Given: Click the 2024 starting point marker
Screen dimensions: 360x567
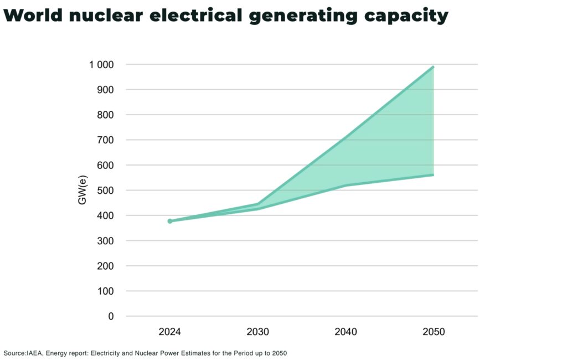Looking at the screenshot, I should (x=170, y=221).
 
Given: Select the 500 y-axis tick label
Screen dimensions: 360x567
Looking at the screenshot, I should (x=104, y=191).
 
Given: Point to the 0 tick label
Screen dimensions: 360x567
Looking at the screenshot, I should (x=111, y=316).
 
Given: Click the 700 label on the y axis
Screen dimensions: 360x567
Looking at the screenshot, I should (x=104, y=140).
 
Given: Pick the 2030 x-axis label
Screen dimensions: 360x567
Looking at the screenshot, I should (x=257, y=332).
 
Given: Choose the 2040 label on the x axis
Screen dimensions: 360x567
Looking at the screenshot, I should (x=346, y=332).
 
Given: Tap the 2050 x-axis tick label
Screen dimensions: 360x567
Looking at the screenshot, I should (x=433, y=332).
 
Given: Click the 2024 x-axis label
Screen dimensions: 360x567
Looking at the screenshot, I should (x=169, y=332).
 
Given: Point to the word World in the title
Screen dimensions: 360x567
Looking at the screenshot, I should (x=33, y=16).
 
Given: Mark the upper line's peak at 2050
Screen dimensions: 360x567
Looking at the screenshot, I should (x=433, y=67).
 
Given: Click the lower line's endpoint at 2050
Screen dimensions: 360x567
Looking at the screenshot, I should (x=433, y=175).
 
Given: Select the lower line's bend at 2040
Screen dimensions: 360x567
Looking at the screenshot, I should (x=346, y=186).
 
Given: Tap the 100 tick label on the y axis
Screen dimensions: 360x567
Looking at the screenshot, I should (x=104, y=291).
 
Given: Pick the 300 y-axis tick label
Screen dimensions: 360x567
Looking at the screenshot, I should (x=104, y=241).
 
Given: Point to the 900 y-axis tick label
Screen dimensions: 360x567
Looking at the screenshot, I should (x=104, y=90).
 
